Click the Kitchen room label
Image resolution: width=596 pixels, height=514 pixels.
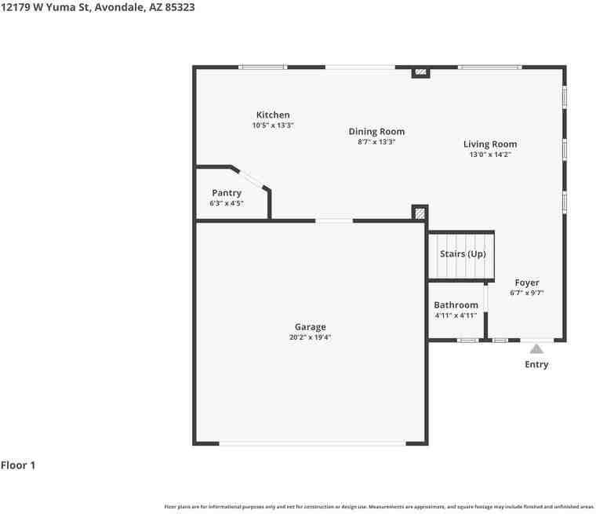(273, 115)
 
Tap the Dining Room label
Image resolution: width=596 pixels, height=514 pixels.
(376, 132)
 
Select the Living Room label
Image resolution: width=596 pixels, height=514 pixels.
(490, 144)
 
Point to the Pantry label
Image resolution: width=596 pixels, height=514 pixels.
(227, 193)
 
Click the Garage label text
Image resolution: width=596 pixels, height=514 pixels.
(311, 327)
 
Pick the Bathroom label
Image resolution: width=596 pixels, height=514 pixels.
(456, 305)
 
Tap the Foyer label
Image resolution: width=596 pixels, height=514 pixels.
(527, 283)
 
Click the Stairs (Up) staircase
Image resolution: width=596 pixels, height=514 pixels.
(462, 255)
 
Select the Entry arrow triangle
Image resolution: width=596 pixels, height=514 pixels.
(536, 348)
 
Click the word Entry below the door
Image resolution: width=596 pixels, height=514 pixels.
(536, 365)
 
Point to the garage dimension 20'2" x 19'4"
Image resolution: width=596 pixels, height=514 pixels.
(311, 338)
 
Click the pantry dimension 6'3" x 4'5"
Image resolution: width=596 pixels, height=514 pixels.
(227, 204)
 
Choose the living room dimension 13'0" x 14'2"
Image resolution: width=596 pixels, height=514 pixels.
(490, 155)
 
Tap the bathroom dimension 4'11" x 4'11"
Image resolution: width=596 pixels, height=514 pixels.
(456, 315)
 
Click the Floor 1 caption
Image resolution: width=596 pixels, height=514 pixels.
(18, 465)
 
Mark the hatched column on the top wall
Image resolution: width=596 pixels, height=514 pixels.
(421, 72)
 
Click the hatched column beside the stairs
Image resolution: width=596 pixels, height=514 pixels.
(421, 213)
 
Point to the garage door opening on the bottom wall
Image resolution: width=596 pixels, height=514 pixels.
(312, 443)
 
